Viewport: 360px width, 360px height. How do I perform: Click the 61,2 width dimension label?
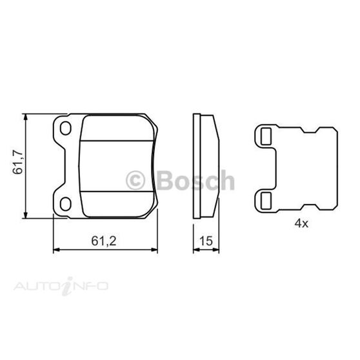click(x=103, y=241)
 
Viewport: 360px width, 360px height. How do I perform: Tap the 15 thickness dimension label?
click(x=207, y=241)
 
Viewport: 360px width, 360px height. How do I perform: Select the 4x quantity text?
click(x=301, y=224)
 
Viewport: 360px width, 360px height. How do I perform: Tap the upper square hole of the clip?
click(x=265, y=135)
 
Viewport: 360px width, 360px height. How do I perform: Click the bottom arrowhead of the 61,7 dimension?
click(x=25, y=216)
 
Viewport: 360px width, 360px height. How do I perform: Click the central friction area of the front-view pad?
click(x=115, y=166)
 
